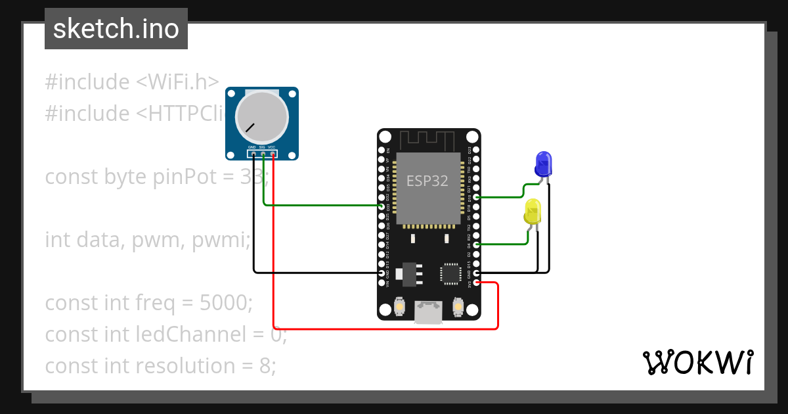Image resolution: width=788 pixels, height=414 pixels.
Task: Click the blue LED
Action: [x=543, y=163]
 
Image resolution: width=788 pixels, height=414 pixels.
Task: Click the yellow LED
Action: [x=533, y=212]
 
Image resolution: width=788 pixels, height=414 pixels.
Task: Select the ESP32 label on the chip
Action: [x=427, y=181]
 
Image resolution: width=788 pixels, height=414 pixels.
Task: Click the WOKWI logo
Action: [x=697, y=362]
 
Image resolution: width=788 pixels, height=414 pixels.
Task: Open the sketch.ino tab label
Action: [x=116, y=29]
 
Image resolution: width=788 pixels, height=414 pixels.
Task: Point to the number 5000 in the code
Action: [x=223, y=303]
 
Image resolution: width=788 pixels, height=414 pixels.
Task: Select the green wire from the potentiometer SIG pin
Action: [x=315, y=205]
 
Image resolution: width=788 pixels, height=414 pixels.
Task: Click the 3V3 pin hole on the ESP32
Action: [x=477, y=283]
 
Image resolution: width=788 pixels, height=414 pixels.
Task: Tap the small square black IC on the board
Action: [x=451, y=273]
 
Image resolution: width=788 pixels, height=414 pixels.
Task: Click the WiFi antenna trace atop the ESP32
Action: [x=428, y=140]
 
